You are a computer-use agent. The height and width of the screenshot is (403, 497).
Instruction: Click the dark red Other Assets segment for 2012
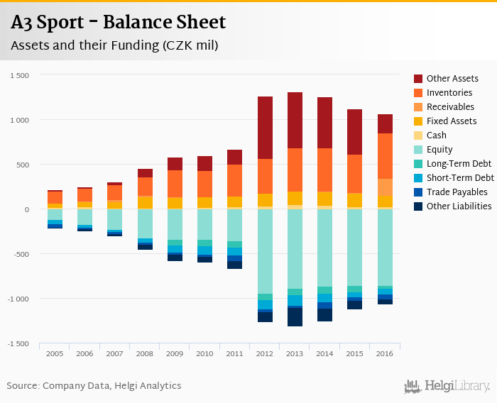coord(265,128)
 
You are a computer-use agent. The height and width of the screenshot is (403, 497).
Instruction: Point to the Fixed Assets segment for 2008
coord(146,202)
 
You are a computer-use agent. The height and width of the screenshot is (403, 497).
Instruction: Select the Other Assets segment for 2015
coord(354,132)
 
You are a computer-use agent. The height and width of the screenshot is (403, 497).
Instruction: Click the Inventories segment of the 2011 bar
coord(235,180)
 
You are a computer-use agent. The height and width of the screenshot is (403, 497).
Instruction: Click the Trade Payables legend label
coord(457,192)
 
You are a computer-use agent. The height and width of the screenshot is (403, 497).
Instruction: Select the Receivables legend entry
coord(450,107)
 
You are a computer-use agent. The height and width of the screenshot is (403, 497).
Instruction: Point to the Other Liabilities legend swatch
coord(419,206)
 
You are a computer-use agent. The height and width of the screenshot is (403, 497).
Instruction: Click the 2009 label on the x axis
coord(175,353)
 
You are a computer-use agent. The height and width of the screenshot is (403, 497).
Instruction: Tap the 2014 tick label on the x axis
coord(324,353)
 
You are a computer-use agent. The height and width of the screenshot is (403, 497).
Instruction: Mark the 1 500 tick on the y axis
coord(20,75)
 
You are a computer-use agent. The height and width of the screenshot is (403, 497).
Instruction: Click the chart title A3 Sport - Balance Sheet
coord(118,23)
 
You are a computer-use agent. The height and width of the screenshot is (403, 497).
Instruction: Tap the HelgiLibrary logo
coord(447,386)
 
